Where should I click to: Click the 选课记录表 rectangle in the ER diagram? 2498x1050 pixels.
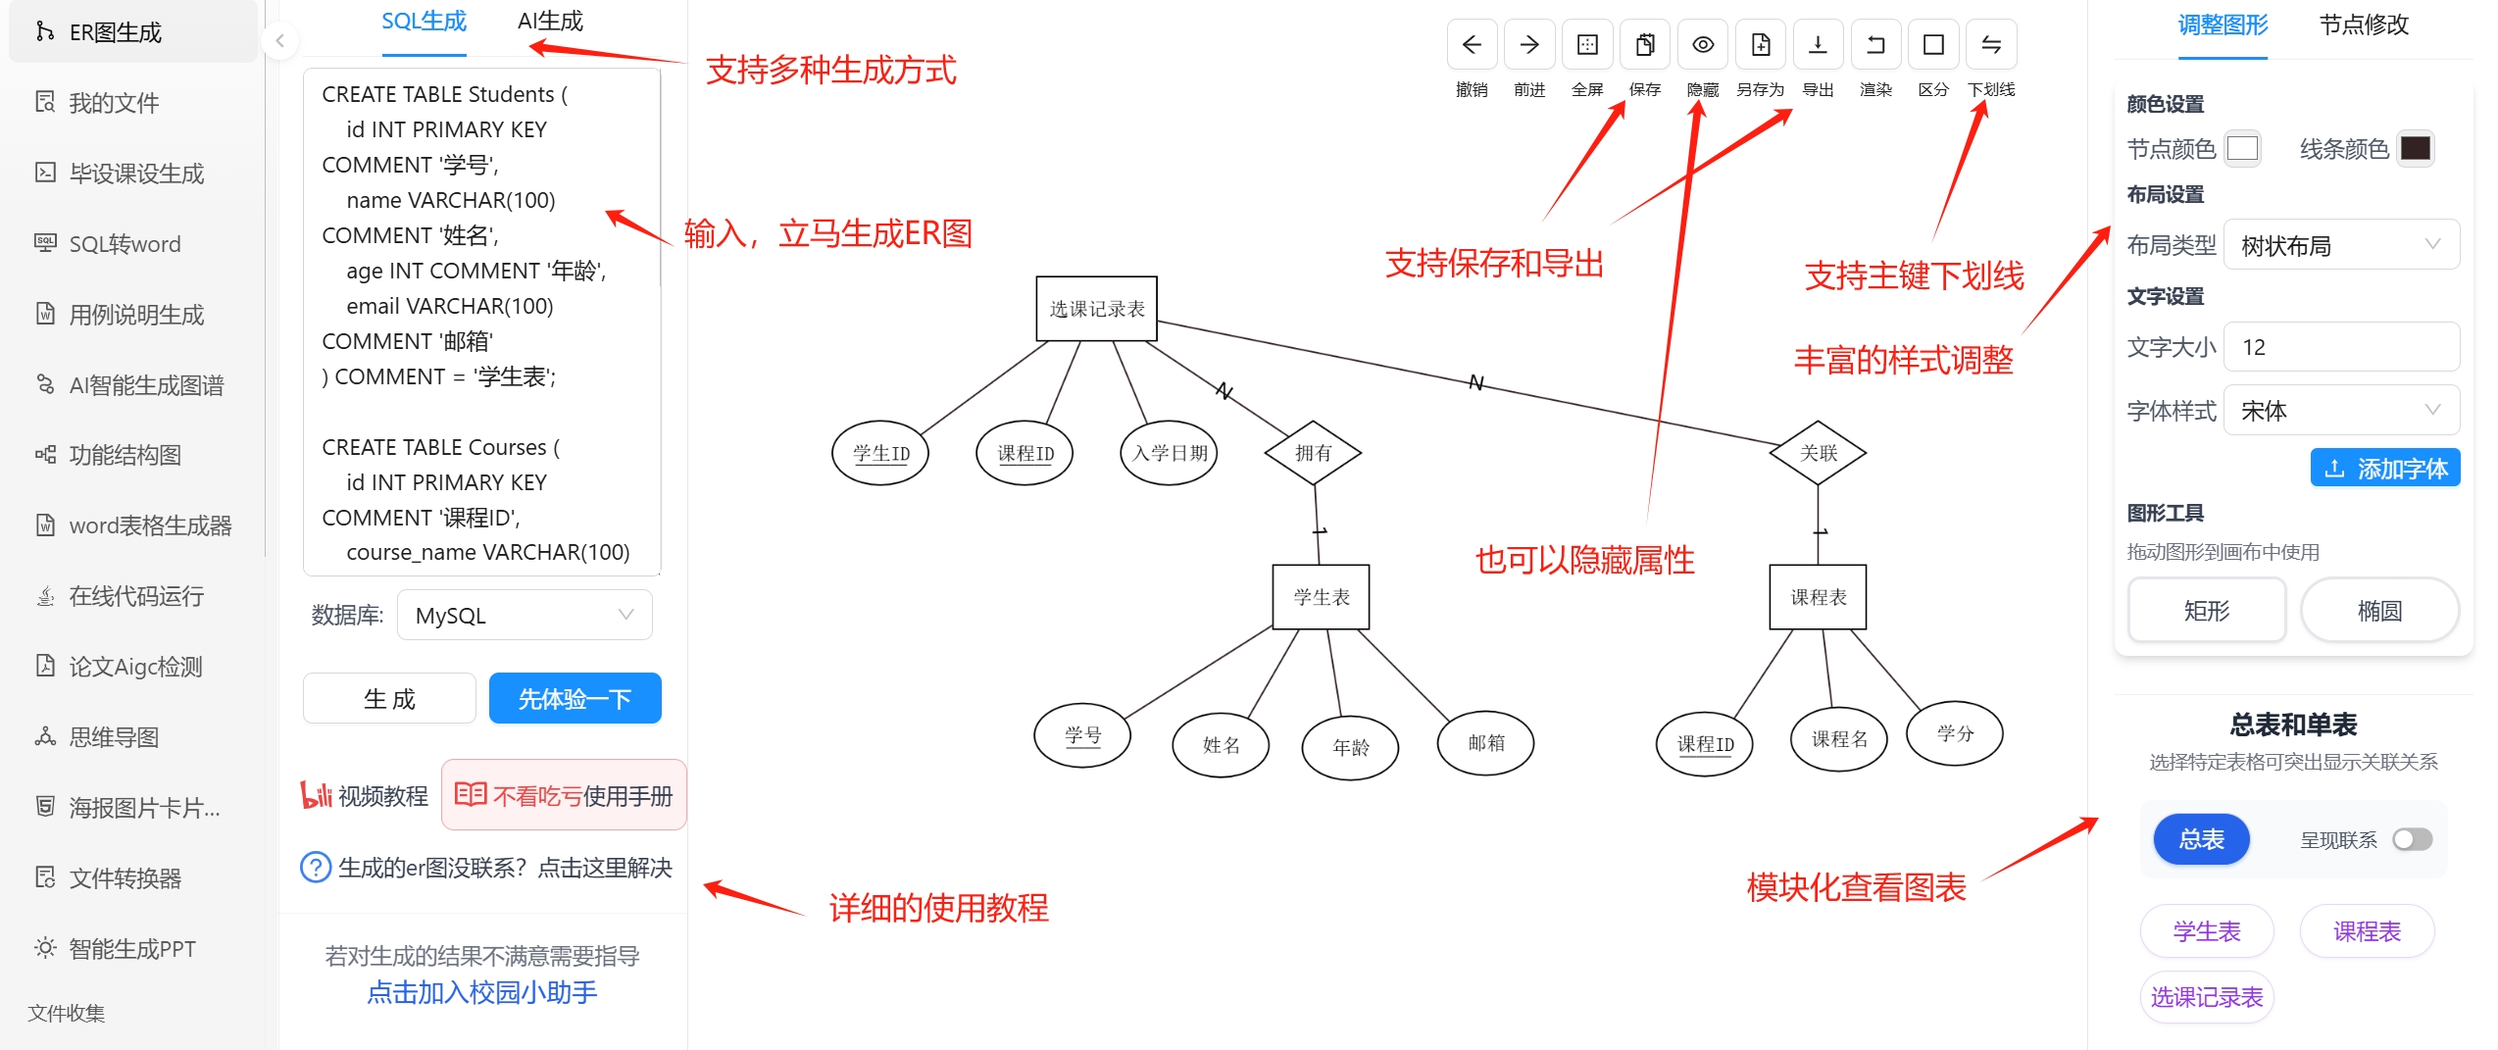click(1096, 309)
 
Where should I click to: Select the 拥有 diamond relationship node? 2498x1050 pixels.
click(1313, 453)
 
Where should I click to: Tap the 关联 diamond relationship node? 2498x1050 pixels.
click(1818, 453)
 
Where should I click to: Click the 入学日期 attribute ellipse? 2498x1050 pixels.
click(1169, 453)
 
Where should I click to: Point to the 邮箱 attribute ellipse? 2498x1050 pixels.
click(1485, 743)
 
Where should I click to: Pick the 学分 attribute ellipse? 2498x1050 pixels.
click(1954, 733)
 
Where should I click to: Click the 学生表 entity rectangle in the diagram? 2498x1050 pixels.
click(1321, 597)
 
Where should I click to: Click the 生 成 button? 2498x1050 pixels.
click(389, 698)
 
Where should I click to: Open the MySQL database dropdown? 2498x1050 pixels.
click(525, 615)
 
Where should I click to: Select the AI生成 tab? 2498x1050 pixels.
click(550, 22)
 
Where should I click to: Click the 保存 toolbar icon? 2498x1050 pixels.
click(1645, 45)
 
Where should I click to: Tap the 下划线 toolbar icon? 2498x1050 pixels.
click(1991, 45)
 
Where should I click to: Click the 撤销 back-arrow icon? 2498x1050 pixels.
click(1472, 45)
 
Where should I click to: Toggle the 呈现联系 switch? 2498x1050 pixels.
click(2412, 839)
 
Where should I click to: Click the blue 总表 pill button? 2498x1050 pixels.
click(2201, 839)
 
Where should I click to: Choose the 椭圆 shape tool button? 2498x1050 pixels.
click(2379, 611)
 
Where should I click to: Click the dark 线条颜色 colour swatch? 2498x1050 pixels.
click(2415, 148)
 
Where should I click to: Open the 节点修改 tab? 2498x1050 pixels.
click(2364, 25)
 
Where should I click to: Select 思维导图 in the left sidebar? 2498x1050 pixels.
click(114, 737)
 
